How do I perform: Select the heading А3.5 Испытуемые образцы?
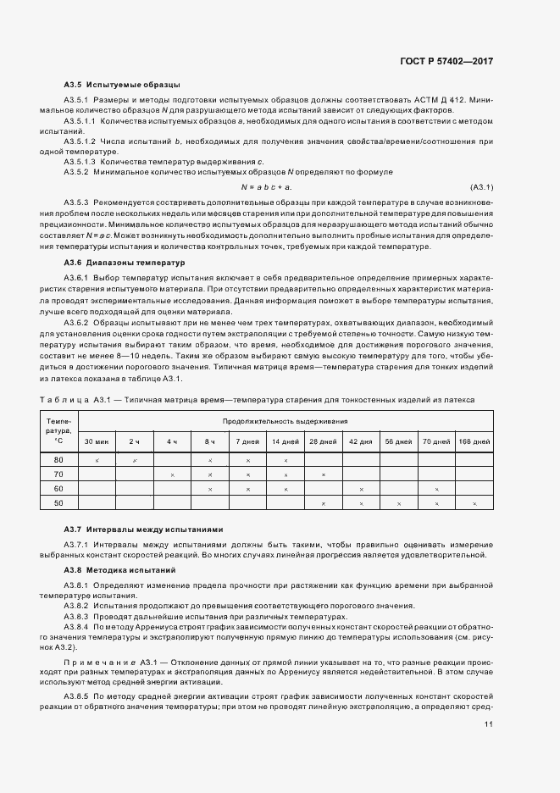tap(122, 85)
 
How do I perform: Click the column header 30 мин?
tap(96, 441)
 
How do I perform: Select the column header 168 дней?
tap(474, 441)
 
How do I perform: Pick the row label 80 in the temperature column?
tap(58, 459)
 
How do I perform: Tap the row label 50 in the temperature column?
tap(58, 503)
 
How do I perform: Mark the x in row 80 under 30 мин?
tap(97, 459)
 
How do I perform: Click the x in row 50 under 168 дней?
tap(474, 504)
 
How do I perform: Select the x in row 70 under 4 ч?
tap(172, 474)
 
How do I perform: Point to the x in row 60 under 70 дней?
tap(436, 489)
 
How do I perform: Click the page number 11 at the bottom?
tap(489, 724)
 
